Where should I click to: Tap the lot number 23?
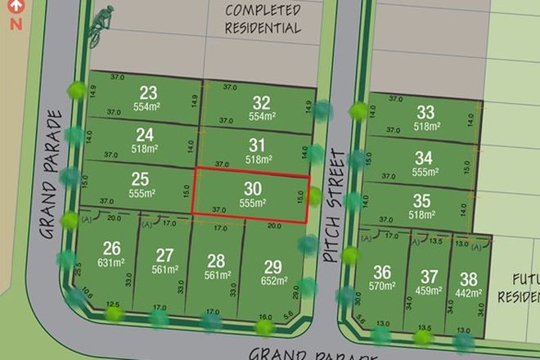148,92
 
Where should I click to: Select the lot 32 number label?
261,103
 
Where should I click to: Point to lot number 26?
111,249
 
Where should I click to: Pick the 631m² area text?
112,263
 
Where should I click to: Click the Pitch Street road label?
331,205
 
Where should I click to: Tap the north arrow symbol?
13,14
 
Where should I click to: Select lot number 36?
382,272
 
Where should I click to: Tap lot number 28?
216,261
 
